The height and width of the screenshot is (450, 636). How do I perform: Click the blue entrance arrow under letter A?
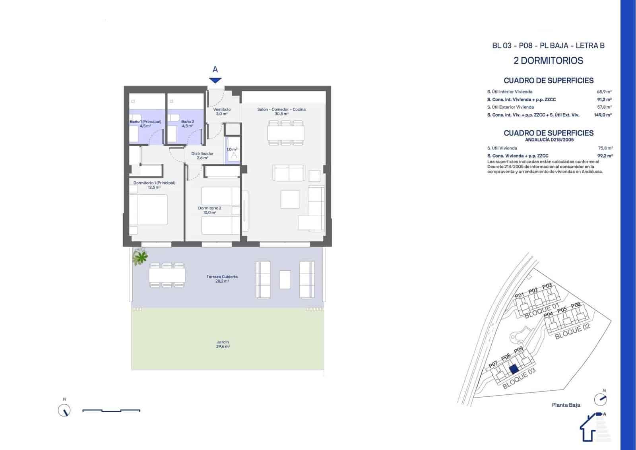[x=215, y=80]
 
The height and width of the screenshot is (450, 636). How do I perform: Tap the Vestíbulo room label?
[x=222, y=111]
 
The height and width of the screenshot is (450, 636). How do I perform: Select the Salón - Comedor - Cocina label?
[x=281, y=111]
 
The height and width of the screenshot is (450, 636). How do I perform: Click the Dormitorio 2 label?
[x=209, y=210]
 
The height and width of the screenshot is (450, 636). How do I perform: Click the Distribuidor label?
[x=202, y=155]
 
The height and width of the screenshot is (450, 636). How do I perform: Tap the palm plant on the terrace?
[x=140, y=257]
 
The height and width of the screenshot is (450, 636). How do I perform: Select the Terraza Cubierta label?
[x=222, y=279]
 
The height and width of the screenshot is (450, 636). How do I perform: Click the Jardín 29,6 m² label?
[x=223, y=344]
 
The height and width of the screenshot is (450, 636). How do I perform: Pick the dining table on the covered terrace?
[x=167, y=275]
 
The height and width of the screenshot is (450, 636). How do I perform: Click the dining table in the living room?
[x=285, y=133]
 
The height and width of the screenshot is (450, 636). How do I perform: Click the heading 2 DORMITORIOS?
[x=548, y=61]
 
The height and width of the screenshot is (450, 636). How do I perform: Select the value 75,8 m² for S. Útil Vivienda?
[x=605, y=148]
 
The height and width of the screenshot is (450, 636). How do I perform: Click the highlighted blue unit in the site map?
[x=514, y=369]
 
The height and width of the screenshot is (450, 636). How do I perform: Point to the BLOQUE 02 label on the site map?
[x=572, y=331]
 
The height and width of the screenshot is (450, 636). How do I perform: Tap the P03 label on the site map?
[x=547, y=286]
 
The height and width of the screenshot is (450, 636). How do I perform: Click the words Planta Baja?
[x=566, y=405]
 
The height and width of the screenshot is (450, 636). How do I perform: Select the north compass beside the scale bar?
[x=64, y=410]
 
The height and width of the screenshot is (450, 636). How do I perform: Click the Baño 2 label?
[x=188, y=124]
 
